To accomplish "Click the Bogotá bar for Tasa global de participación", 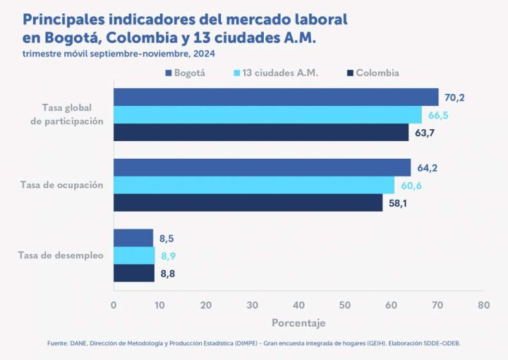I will pos(275,97).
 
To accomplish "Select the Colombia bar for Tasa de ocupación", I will pos(248,203).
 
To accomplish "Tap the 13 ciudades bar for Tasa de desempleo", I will pos(134,256).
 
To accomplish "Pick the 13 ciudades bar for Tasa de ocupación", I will pos(254,185).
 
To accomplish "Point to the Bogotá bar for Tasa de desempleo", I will pos(133,238).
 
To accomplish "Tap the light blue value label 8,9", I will pos(169,256).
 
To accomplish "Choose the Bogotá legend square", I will pos(169,73).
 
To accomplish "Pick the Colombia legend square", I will pos(349,73).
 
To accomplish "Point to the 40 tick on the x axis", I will pos(298,305).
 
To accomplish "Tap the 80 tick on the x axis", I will pos(483,305).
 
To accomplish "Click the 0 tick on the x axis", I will pos(114,305).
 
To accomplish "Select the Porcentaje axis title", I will pos(298,323).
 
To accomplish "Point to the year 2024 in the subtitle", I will pos(204,53).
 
